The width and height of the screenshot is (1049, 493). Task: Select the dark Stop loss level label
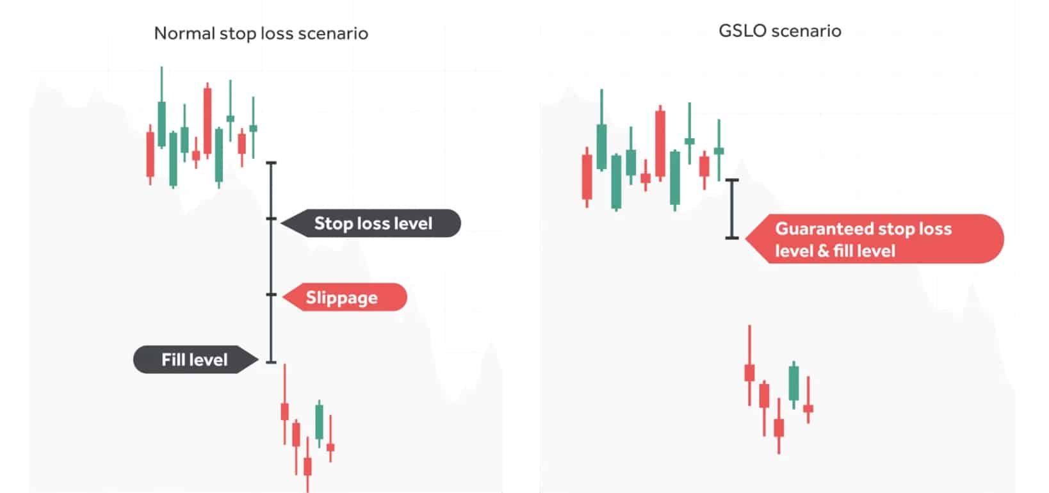pos(371,223)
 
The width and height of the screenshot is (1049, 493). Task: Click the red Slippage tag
pos(345,297)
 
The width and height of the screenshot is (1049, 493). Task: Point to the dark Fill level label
pos(195,360)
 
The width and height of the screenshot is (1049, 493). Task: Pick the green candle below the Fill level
pos(320,423)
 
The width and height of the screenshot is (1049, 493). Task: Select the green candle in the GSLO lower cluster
pos(793,384)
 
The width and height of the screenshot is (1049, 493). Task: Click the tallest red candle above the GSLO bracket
pos(660,143)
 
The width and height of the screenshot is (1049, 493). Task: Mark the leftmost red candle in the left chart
pos(150,154)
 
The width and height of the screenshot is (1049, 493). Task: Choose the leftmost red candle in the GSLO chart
pos(587,177)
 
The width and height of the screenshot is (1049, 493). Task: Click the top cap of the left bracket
pos(271,163)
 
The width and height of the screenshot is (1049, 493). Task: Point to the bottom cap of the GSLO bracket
pos(732,238)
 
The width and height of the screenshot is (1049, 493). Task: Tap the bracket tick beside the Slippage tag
pos(271,295)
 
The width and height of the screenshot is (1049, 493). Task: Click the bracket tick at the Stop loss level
pos(271,218)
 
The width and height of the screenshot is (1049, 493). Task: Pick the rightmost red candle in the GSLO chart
pos(808,400)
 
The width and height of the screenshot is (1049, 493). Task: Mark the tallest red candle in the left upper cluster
pos(207,121)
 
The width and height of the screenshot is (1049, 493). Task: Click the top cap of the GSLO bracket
pos(732,180)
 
